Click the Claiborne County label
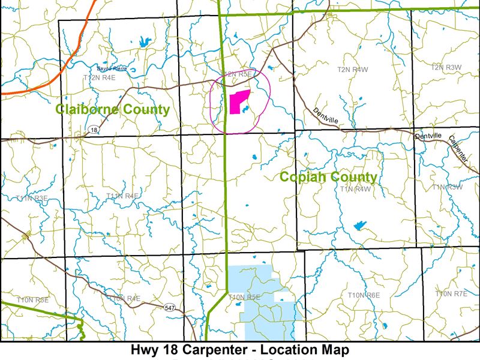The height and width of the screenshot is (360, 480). (x=112, y=109)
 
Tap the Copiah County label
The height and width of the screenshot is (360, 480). (x=328, y=177)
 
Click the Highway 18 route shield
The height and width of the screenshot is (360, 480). (x=94, y=129)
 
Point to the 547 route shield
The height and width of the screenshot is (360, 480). (x=169, y=307)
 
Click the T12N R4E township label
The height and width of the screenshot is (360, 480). (x=99, y=77)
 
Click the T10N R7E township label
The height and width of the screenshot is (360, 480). (x=451, y=293)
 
